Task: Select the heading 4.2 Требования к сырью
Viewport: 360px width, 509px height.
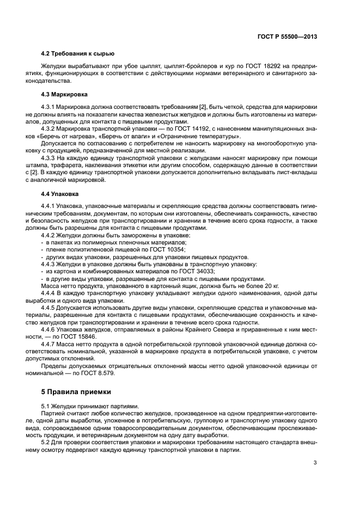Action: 78,54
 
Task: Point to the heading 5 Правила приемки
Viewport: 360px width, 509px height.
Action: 76,391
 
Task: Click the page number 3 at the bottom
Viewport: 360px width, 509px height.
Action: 315,463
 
